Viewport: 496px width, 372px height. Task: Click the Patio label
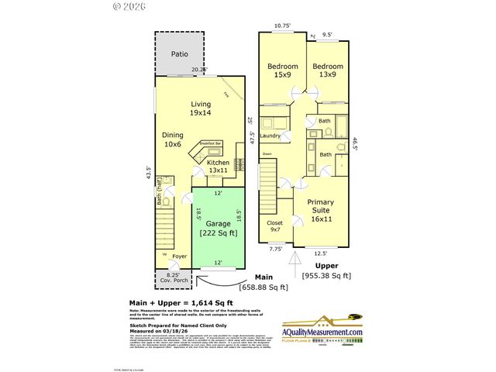tap(180, 55)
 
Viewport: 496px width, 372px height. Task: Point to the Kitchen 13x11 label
tap(217, 167)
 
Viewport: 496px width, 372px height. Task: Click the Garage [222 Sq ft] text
tap(217, 228)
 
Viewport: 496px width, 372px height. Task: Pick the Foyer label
tap(179, 257)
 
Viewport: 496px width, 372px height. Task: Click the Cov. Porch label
tap(172, 279)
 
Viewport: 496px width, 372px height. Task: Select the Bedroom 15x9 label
tap(282, 71)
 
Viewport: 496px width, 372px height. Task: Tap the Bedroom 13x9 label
tap(328, 71)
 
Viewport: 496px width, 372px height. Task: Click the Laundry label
tap(270, 136)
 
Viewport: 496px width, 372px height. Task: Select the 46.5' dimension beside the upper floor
tap(356, 144)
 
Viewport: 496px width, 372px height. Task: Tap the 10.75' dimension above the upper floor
tap(283, 26)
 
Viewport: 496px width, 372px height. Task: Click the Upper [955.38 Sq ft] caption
tap(325, 270)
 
